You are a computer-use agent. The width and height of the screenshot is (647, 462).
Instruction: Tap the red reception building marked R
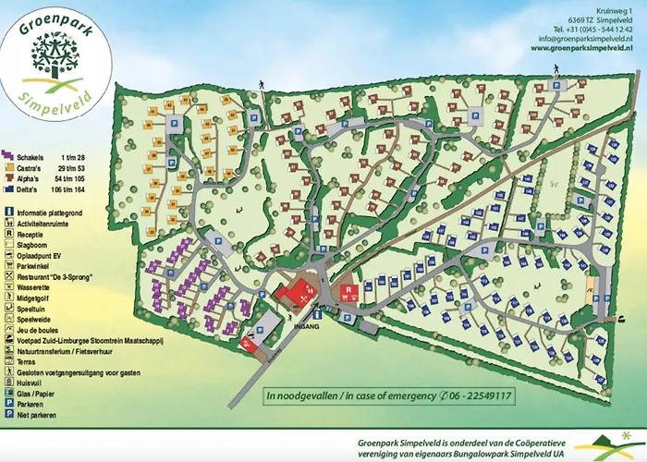pyautogui.click(x=349, y=293)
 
